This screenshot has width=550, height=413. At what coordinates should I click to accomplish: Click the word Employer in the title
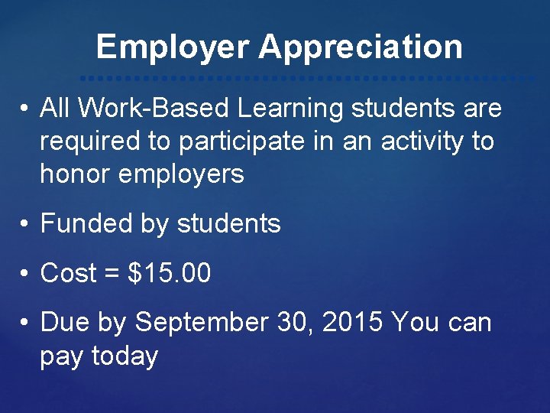coord(172,47)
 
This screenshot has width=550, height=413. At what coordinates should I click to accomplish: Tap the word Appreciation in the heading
coord(360,47)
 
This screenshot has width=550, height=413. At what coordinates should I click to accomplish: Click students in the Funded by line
coord(228,224)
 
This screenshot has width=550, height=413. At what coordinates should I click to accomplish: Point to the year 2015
coord(353,323)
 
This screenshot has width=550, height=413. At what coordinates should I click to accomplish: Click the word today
coord(125,356)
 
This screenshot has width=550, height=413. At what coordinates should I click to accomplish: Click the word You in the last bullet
coord(415,323)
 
